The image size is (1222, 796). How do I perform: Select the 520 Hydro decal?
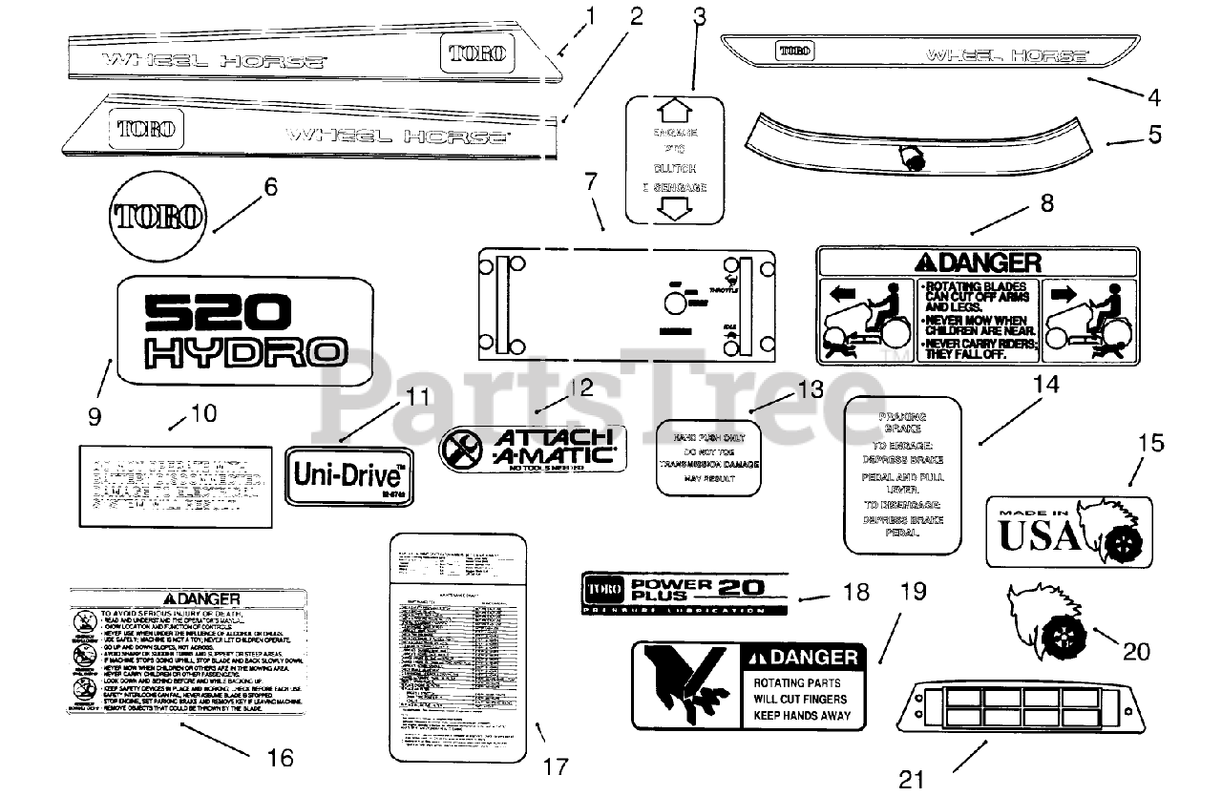tap(244, 330)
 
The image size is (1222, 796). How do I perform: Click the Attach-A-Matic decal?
tap(532, 450)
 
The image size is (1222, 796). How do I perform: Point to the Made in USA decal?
tap(1068, 531)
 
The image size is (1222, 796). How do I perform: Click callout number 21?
tap(913, 780)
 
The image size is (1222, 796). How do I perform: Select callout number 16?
tap(281, 758)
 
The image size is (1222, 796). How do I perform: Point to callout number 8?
tap(1047, 203)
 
